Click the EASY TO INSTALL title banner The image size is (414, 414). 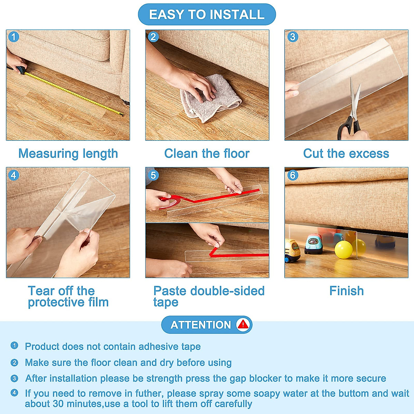(x=207, y=14)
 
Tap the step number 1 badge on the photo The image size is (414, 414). (x=14, y=37)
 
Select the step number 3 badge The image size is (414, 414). (x=293, y=37)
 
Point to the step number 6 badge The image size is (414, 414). (x=293, y=175)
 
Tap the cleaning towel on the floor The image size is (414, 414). (x=209, y=99)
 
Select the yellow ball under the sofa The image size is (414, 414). (x=344, y=250)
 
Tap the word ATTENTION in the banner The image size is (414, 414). (x=201, y=325)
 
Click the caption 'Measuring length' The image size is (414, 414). (x=68, y=154)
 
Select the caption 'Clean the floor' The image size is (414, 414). (x=207, y=154)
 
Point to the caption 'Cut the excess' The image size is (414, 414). (x=346, y=154)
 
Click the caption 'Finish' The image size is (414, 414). (x=346, y=291)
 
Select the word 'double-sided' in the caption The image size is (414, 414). (x=227, y=291)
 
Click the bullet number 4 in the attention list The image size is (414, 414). (x=14, y=393)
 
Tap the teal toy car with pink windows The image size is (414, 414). (x=314, y=244)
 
